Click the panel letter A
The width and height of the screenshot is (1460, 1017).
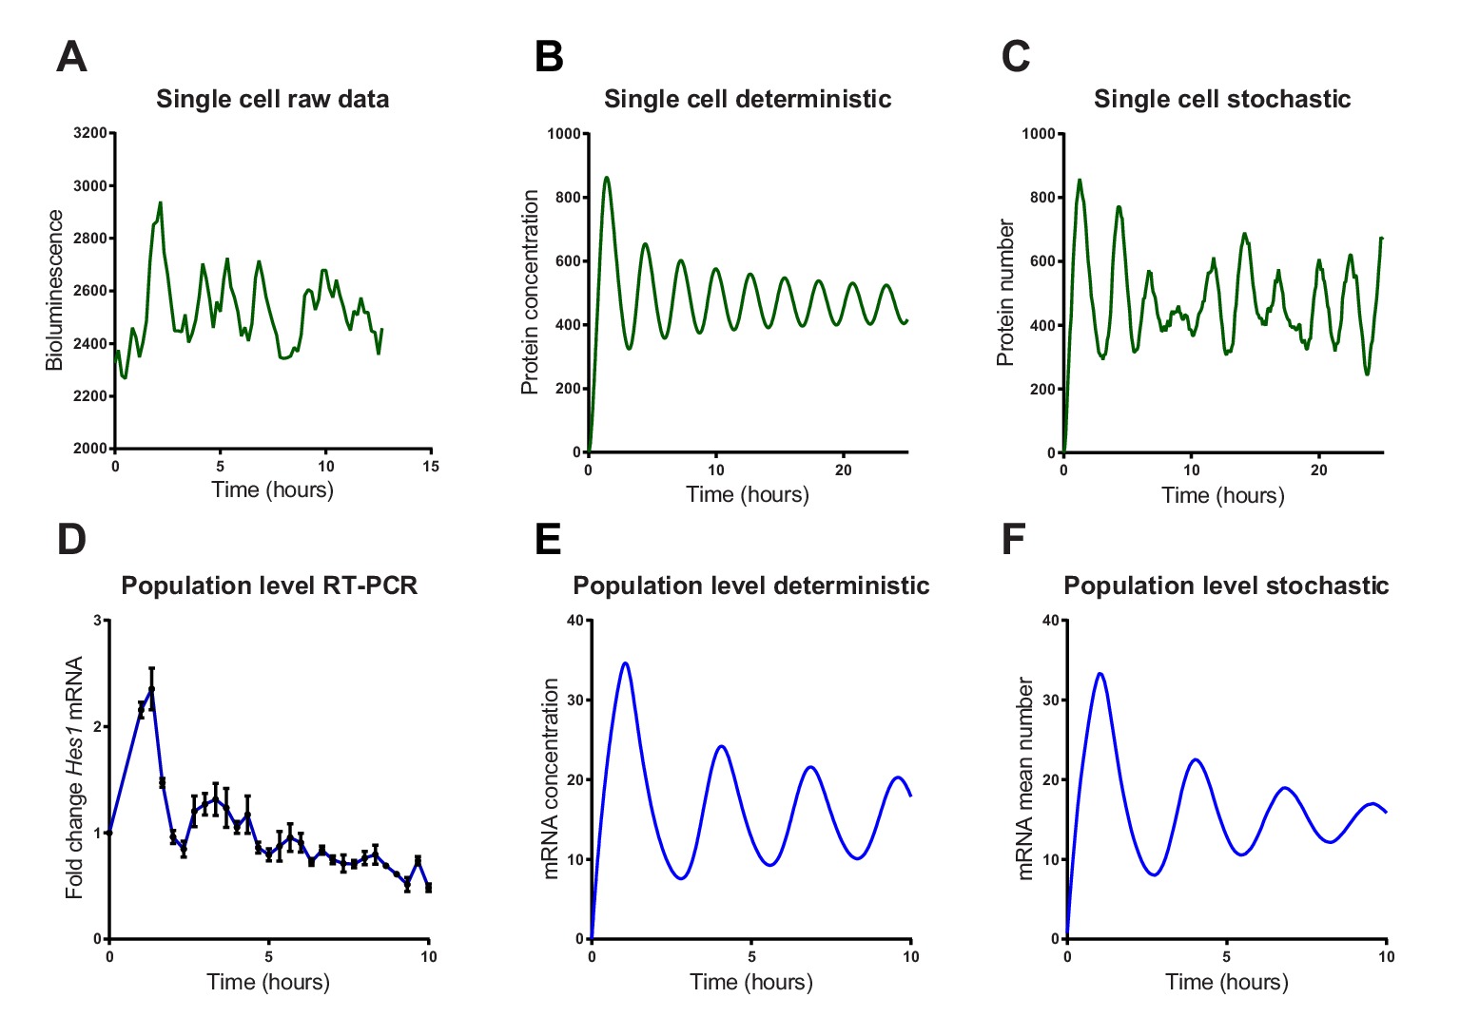pyautogui.click(x=72, y=57)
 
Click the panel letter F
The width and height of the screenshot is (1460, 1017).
pyautogui.click(x=1014, y=539)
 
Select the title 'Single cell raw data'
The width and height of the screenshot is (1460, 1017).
pyautogui.click(x=272, y=99)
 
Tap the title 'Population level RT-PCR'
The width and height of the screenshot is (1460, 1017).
pyautogui.click(x=269, y=585)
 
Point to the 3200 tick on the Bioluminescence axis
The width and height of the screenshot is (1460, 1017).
pyautogui.click(x=90, y=133)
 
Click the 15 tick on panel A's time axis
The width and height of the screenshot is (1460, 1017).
pyautogui.click(x=431, y=466)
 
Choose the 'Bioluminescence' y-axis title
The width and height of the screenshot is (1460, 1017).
pyautogui.click(x=55, y=290)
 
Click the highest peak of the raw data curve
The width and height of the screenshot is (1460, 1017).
pyautogui.click(x=161, y=202)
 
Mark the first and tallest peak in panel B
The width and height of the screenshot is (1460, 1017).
pyautogui.click(x=607, y=177)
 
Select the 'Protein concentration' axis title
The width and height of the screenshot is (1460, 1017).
pyautogui.click(x=530, y=292)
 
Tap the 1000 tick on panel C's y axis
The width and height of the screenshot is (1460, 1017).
pyautogui.click(x=1038, y=134)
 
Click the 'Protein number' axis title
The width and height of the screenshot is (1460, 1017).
pyautogui.click(x=1005, y=293)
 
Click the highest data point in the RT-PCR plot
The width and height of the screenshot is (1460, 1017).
pyautogui.click(x=151, y=688)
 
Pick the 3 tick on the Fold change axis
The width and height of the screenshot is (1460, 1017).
pyautogui.click(x=97, y=621)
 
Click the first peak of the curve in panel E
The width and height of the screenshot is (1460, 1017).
pyautogui.click(x=625, y=663)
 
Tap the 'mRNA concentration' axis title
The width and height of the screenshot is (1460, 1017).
pyautogui.click(x=551, y=778)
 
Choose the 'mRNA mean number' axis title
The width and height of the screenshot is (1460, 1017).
pyautogui.click(x=1025, y=778)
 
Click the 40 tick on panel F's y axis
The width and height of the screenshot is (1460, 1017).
pyautogui.click(x=1051, y=621)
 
